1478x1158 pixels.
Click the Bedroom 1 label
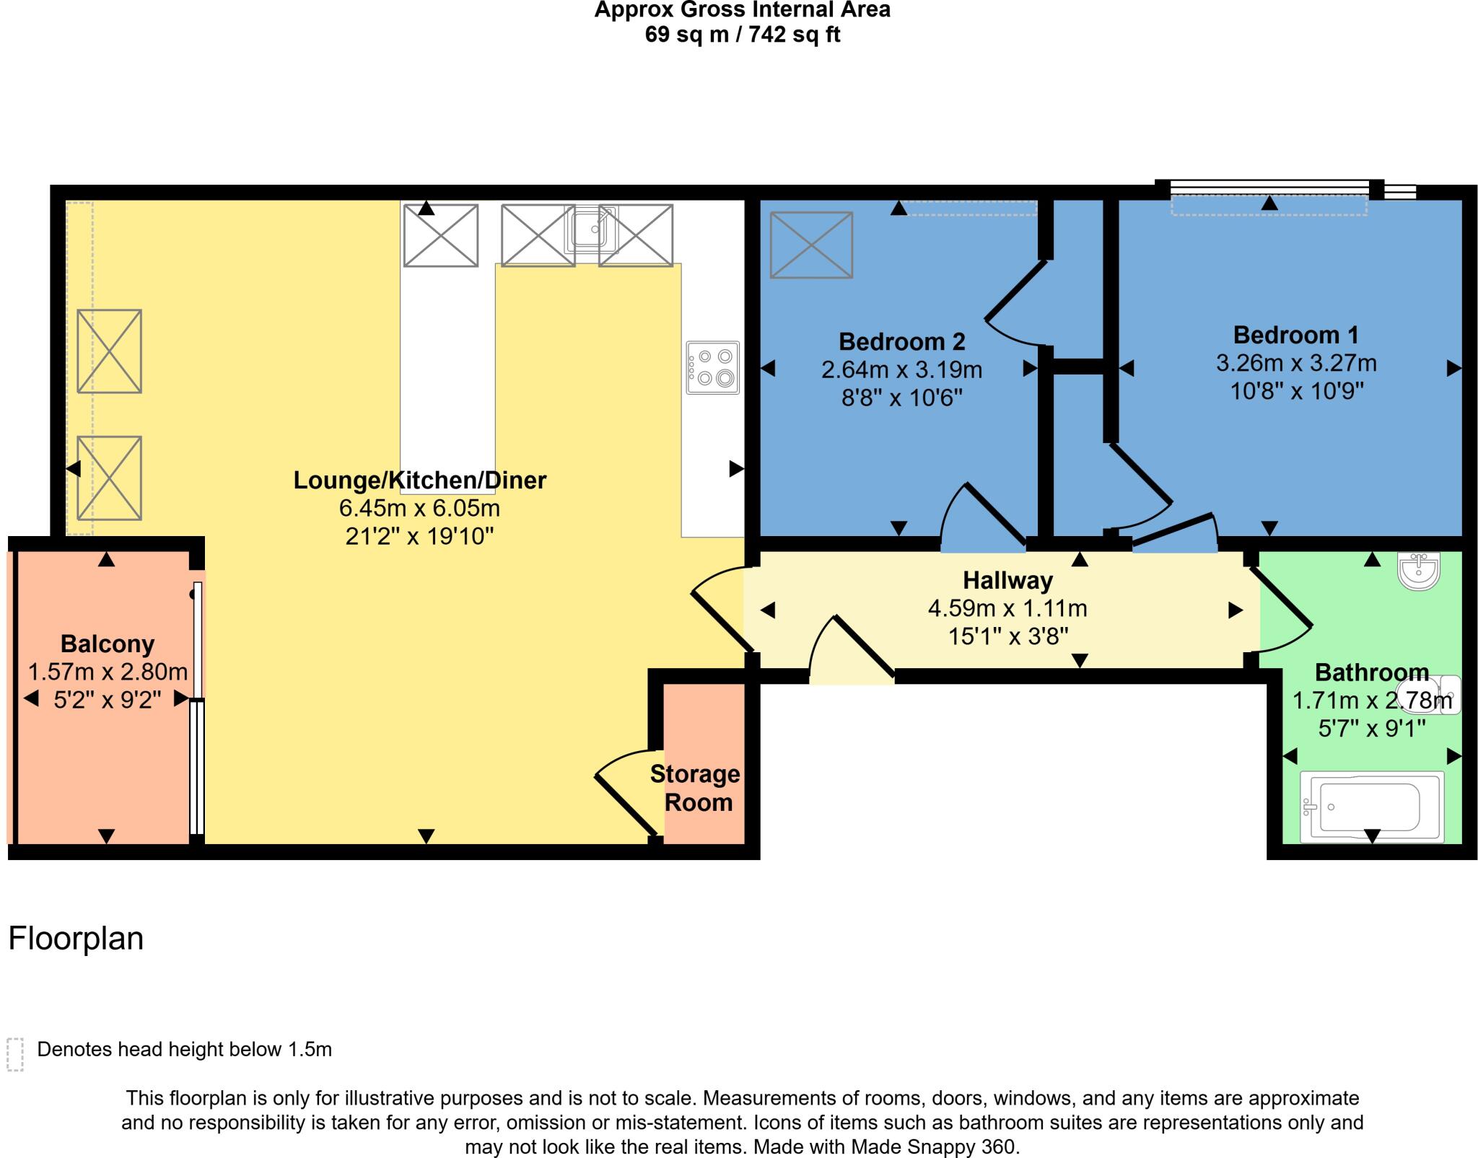tap(1295, 335)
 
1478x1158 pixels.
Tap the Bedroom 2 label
tap(901, 341)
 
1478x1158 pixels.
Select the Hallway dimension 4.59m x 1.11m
tap(1007, 608)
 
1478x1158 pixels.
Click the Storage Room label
tap(696, 788)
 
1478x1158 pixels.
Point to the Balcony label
tap(108, 644)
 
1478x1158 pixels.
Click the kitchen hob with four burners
tap(713, 367)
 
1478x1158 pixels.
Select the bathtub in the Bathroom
tap(1371, 807)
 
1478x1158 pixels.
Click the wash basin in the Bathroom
tap(1419, 570)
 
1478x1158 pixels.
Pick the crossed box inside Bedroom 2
tap(811, 245)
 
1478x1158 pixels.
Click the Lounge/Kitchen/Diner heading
tap(419, 480)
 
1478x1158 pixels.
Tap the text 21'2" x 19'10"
tap(419, 536)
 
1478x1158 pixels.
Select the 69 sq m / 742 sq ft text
tap(742, 35)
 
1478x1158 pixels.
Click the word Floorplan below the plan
tap(76, 939)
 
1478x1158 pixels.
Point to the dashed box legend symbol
tap(15, 1055)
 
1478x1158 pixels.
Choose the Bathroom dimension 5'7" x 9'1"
tap(1371, 729)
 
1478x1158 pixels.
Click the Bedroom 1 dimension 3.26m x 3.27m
tap(1295, 363)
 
